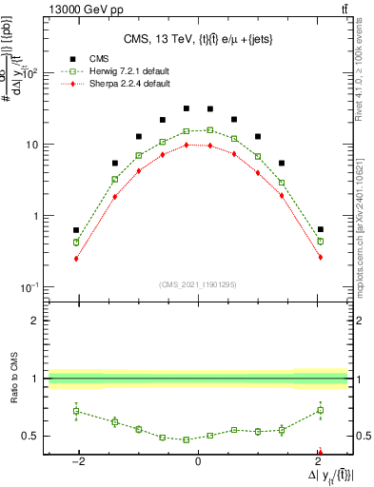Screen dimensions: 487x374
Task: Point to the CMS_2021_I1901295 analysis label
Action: coord(198,284)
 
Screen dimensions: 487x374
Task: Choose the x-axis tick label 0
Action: coord(198,461)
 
